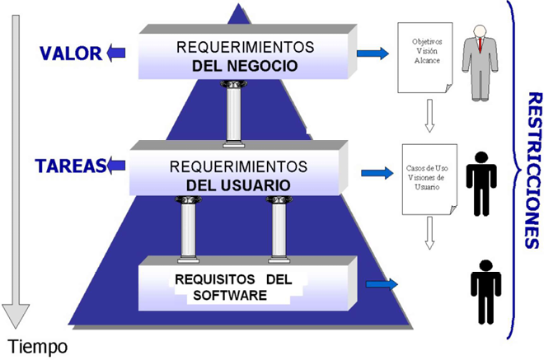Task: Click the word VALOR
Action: click(71, 54)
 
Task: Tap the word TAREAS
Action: click(70, 166)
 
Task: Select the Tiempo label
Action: click(37, 347)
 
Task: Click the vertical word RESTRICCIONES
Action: click(534, 170)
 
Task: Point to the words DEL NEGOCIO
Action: click(245, 66)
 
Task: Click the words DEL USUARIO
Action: click(238, 185)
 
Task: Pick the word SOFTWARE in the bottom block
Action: click(230, 295)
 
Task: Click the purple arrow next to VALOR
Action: click(116, 53)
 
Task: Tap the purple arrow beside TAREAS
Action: click(116, 165)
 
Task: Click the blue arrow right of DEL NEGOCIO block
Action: click(373, 54)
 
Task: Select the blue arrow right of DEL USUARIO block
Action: click(378, 173)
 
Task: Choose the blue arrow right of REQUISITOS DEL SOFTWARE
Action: click(382, 284)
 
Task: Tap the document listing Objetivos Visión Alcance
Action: click(425, 58)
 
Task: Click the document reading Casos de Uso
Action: click(429, 180)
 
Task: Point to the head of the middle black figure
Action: click(481, 157)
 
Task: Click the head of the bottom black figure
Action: click(485, 265)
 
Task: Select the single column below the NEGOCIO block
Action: click(234, 115)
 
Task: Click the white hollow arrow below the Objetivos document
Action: click(429, 116)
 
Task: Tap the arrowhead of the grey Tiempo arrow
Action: click(16, 316)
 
